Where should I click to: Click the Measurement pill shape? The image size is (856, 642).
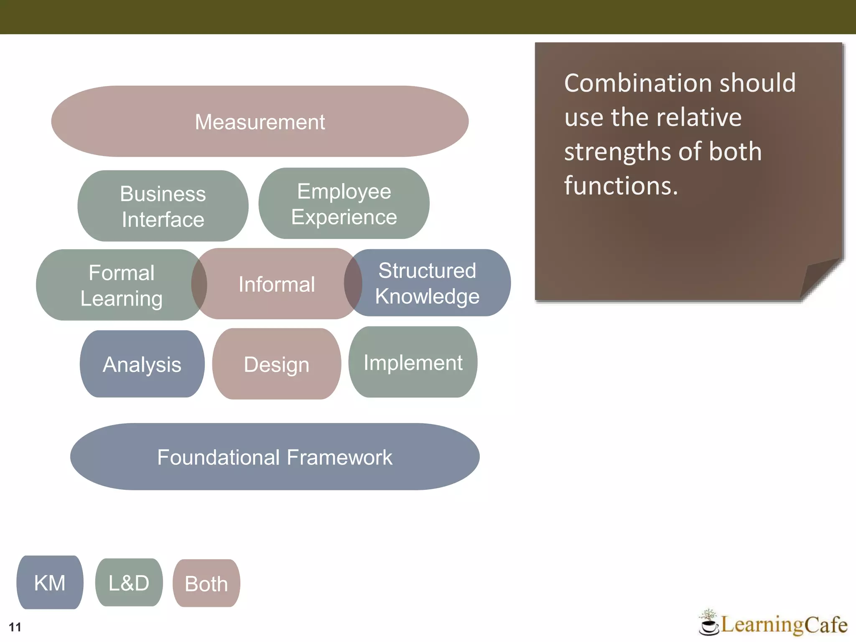[260, 122]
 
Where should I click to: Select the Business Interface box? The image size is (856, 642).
[163, 206]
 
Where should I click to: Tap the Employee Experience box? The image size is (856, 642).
[344, 204]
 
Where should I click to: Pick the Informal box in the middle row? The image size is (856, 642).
[276, 284]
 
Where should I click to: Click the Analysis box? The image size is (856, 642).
[142, 364]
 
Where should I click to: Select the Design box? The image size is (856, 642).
[276, 364]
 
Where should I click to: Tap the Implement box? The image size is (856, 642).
[413, 362]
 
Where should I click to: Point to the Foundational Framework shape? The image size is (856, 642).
[275, 457]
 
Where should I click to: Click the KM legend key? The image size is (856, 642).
[50, 583]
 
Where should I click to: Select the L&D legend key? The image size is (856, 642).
[129, 583]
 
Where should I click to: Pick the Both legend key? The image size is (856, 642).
[206, 583]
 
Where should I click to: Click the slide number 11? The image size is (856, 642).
[15, 627]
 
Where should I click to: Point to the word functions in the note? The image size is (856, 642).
[621, 185]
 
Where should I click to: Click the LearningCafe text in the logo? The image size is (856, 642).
[784, 625]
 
